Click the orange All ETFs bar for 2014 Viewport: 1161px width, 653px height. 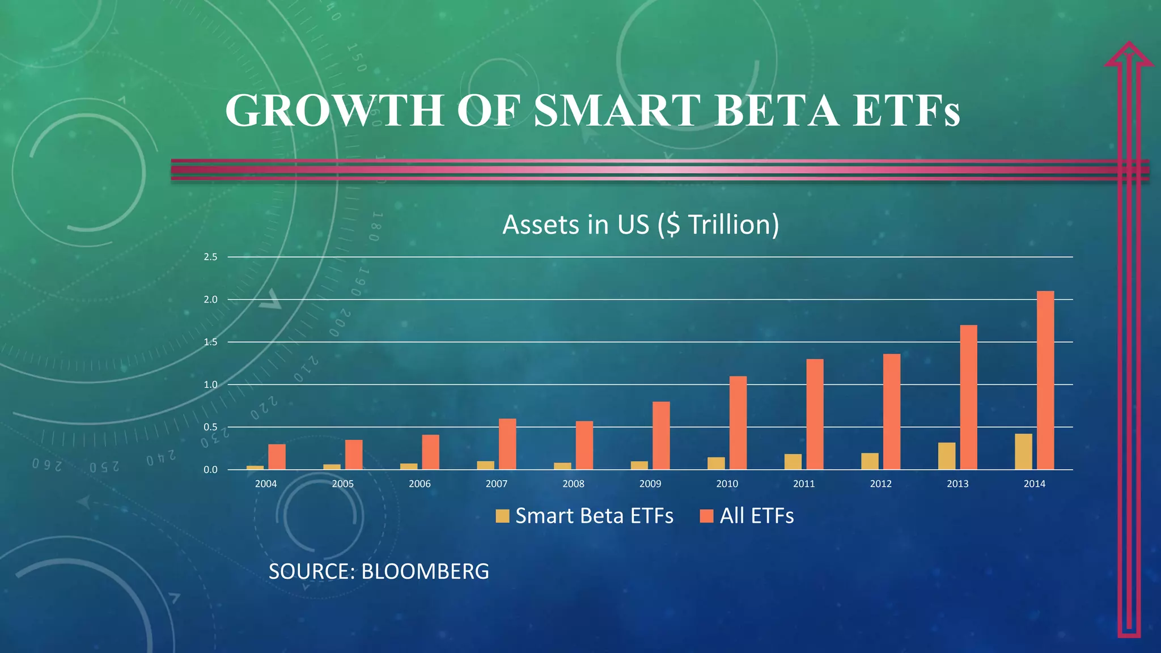click(x=1045, y=380)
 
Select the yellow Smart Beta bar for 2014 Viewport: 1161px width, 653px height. click(x=1023, y=452)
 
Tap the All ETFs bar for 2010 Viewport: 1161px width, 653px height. click(x=738, y=422)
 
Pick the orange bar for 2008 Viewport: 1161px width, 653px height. click(x=584, y=445)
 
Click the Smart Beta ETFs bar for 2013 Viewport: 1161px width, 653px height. click(x=947, y=456)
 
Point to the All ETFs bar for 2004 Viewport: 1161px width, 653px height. click(x=277, y=456)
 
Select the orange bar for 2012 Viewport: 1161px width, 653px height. click(x=892, y=412)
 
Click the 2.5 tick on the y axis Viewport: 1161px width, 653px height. click(x=210, y=257)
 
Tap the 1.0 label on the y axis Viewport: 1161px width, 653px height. click(x=210, y=385)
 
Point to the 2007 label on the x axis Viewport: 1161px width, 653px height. click(x=496, y=484)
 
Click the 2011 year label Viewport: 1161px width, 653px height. click(x=804, y=484)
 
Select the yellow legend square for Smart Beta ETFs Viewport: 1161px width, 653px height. click(x=502, y=516)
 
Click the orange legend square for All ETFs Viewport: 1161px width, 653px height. click(x=706, y=516)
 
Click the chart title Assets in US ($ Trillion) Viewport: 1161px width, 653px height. click(x=641, y=224)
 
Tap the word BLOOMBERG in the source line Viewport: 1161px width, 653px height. click(x=425, y=571)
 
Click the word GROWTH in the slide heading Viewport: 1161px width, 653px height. click(x=334, y=110)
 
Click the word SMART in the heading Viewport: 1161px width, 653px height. click(x=618, y=110)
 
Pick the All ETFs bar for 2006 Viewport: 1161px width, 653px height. click(x=430, y=452)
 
